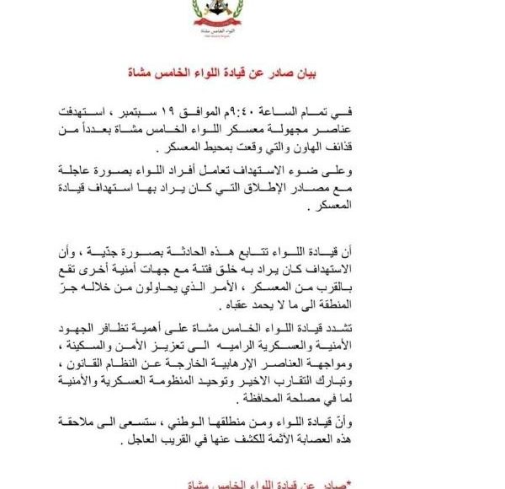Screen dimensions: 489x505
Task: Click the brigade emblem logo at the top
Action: (x=252, y=19)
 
